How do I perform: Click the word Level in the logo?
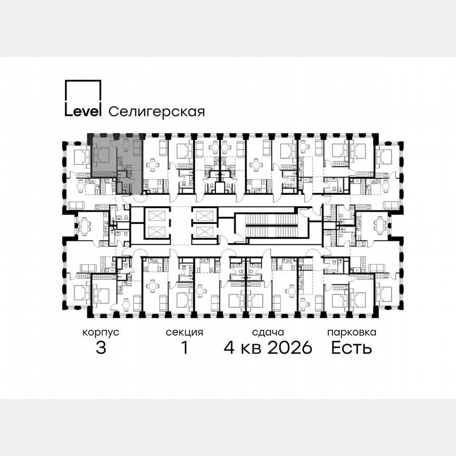[x=83, y=111]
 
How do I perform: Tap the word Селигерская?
[x=156, y=111]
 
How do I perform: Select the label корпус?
[x=100, y=332]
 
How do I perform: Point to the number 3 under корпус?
[x=100, y=348]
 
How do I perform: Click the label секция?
[x=184, y=332]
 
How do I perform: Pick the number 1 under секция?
[x=184, y=348]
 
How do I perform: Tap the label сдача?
[x=268, y=332]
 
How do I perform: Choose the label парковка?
[x=351, y=332]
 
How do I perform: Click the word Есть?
[x=351, y=348]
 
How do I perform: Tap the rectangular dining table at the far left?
[x=85, y=226]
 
